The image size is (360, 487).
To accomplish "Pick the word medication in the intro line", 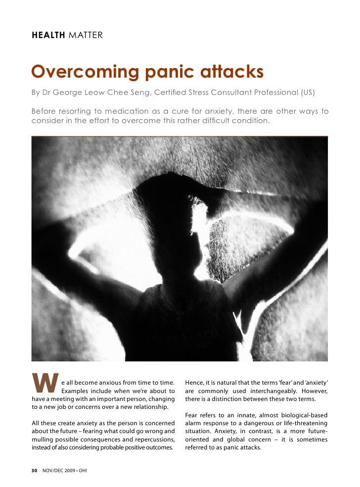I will (x=134, y=111).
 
